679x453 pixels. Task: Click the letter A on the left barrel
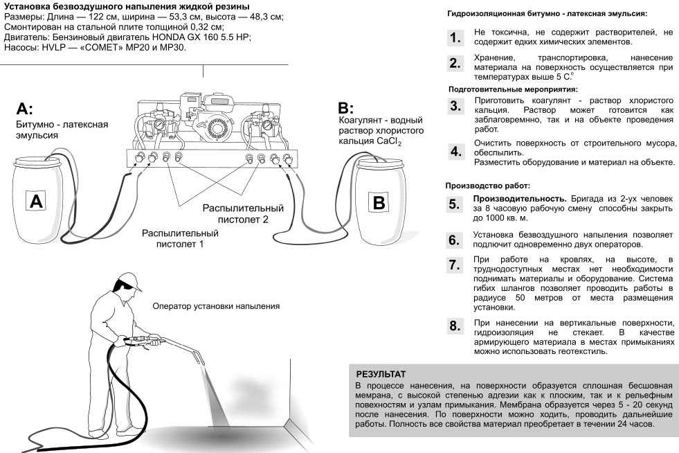pos(36,201)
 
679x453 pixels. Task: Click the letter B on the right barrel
pos(378,202)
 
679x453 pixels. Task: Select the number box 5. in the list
pos(454,204)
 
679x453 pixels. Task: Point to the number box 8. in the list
pos(454,326)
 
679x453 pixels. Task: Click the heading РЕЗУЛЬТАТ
pos(381,374)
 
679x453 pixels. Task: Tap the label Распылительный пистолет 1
pos(180,239)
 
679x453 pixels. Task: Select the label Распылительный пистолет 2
pos(243,213)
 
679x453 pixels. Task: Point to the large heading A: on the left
pos(24,109)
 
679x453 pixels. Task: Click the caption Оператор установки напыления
pos(216,306)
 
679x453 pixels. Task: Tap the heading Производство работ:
pos(488,186)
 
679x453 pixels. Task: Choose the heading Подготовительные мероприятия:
pos(512,89)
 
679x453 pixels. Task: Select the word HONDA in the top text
pos(176,36)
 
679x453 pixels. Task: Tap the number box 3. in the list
pos(454,106)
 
